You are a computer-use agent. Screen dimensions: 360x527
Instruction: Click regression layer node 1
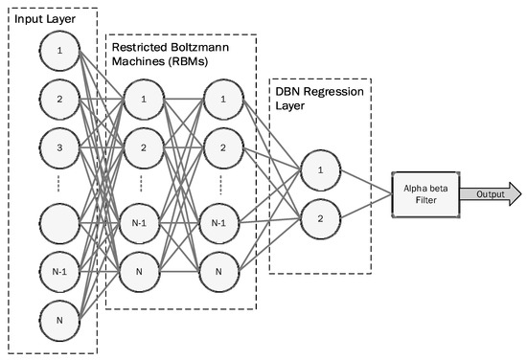319,170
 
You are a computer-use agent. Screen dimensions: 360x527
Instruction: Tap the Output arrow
490,194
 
